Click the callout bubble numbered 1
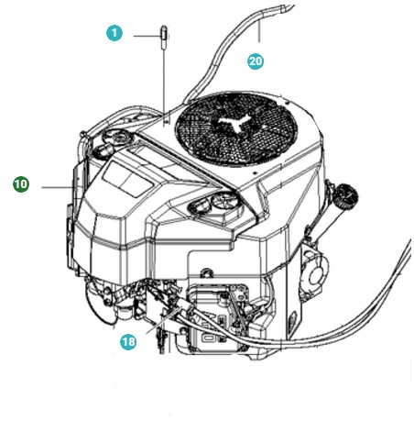click(x=114, y=34)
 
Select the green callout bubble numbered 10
click(x=21, y=184)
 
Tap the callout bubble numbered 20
click(x=256, y=61)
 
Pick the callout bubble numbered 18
click(x=129, y=341)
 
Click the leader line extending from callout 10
click(x=51, y=185)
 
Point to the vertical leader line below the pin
click(x=164, y=83)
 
